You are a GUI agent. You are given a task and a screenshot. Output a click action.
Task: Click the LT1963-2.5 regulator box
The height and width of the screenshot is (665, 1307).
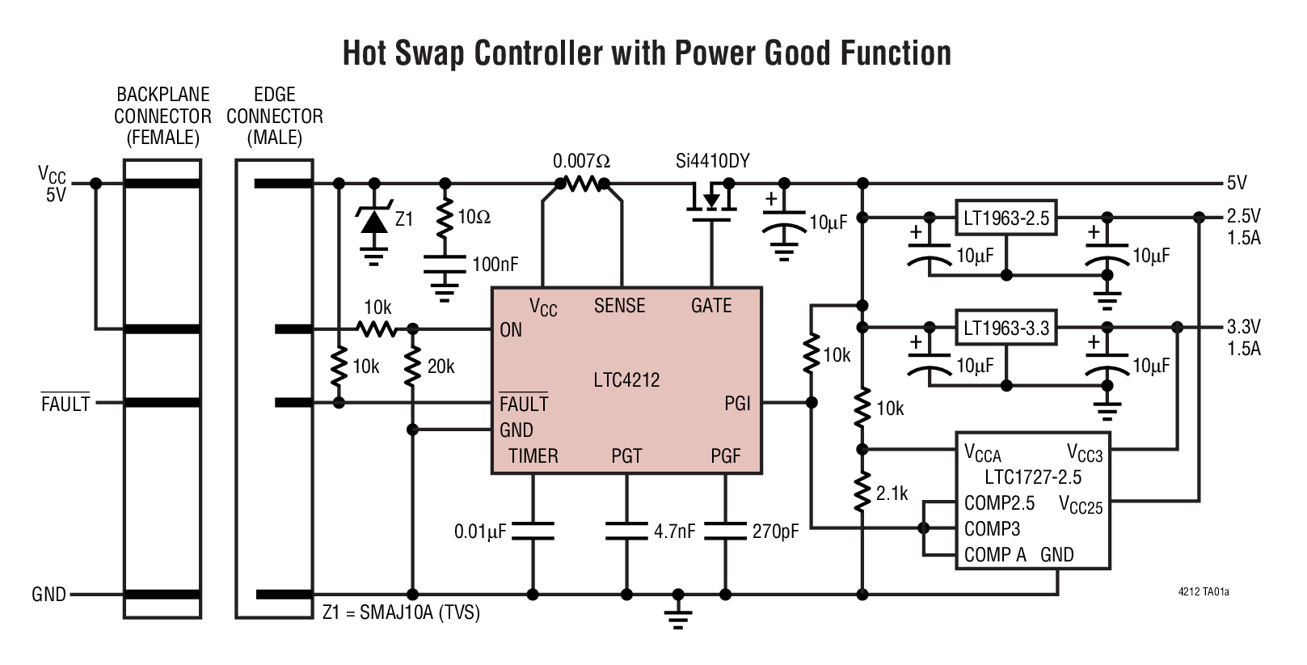pyautogui.click(x=1006, y=218)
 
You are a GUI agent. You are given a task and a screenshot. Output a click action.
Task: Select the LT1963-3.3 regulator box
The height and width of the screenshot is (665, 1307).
pyautogui.click(x=1006, y=328)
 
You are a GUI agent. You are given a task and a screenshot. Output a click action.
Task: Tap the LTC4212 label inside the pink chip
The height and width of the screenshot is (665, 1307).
pyautogui.click(x=626, y=379)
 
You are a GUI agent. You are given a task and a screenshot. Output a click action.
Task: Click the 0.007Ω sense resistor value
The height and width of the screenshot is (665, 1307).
pyautogui.click(x=581, y=161)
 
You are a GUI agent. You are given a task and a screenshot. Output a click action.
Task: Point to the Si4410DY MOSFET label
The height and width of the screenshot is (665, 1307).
pyautogui.click(x=712, y=161)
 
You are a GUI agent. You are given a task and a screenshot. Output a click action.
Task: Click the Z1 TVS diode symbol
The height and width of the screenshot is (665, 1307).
pyautogui.click(x=373, y=218)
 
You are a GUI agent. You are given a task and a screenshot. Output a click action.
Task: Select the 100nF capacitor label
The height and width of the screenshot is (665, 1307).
pyautogui.click(x=495, y=264)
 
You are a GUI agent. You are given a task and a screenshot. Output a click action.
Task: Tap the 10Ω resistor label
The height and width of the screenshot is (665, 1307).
pyautogui.click(x=474, y=217)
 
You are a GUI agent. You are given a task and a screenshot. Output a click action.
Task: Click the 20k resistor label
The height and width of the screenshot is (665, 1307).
pyautogui.click(x=441, y=366)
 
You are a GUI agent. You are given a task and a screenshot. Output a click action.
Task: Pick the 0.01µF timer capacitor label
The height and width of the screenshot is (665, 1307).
pyautogui.click(x=480, y=532)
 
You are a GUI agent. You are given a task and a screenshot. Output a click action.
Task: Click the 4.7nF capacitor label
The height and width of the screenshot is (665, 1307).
pyautogui.click(x=675, y=532)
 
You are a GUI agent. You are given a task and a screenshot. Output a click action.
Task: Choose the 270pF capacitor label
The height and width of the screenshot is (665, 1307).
pyautogui.click(x=774, y=532)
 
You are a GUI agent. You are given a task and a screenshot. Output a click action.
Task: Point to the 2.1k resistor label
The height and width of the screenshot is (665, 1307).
pyautogui.click(x=892, y=493)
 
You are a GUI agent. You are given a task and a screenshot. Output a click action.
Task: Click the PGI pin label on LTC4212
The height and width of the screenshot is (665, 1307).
pyautogui.click(x=737, y=403)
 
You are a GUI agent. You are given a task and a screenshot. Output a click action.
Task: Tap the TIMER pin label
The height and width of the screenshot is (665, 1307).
pyautogui.click(x=533, y=456)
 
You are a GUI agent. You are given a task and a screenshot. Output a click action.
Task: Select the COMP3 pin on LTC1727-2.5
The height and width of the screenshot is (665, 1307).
pyautogui.click(x=992, y=529)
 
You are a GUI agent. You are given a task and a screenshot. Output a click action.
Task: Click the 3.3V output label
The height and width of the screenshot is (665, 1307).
pyautogui.click(x=1243, y=327)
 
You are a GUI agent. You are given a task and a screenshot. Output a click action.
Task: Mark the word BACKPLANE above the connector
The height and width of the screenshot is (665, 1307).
pyautogui.click(x=162, y=95)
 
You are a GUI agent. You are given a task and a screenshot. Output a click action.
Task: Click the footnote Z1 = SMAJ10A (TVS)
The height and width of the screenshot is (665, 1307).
pyautogui.click(x=401, y=612)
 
